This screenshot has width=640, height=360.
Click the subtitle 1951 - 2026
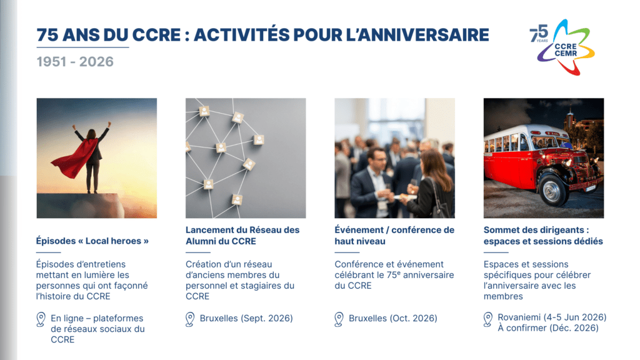coord(75,61)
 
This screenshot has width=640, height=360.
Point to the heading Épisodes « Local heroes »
coord(92,241)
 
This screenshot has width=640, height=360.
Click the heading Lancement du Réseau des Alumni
coord(242,235)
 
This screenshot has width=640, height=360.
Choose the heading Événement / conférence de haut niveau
coord(394,235)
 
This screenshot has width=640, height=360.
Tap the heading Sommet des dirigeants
coord(543,235)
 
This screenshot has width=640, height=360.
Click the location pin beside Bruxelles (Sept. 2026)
coord(191,319)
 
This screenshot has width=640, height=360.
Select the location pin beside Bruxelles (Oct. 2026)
coord(339,319)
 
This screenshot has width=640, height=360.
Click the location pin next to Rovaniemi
coord(488,319)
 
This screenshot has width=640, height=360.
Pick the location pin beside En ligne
coord(41,319)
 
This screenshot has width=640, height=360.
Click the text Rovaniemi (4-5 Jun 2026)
coord(552,317)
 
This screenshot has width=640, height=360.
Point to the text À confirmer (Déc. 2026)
coord(548,328)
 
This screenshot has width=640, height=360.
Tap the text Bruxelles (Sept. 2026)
coord(246,318)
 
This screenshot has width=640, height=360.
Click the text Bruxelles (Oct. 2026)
coord(393,318)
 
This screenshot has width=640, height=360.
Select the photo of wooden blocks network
coord(246,157)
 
